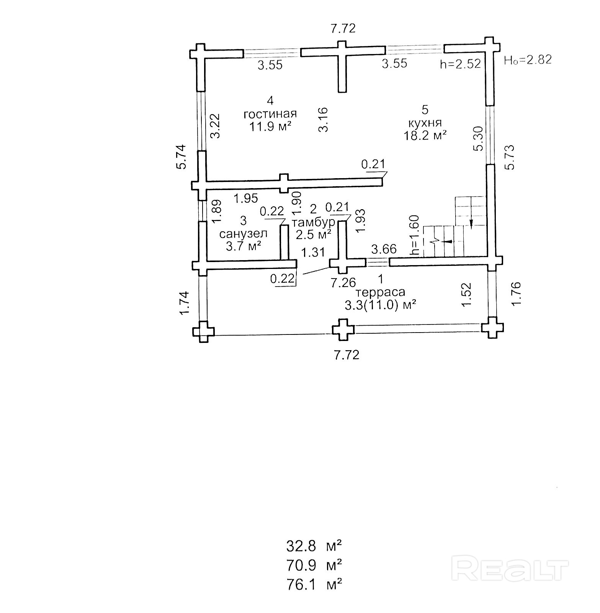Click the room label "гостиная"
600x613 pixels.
[270, 114]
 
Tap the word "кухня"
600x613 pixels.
[425, 123]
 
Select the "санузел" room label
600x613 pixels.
[243, 233]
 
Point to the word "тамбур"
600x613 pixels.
[314, 222]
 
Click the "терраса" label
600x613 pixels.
[381, 292]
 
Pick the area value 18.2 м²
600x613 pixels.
[425, 135]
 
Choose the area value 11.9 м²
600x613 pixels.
[271, 126]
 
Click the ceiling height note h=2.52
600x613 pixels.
[460, 64]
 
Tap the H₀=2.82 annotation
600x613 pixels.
[528, 60]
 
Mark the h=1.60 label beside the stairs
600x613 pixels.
[415, 235]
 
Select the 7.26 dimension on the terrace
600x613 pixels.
[343, 283]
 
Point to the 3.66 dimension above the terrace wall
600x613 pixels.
[384, 249]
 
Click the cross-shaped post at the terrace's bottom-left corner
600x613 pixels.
[203, 331]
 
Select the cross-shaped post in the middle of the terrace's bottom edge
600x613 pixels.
[343, 329]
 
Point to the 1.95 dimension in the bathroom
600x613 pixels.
[246, 198]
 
